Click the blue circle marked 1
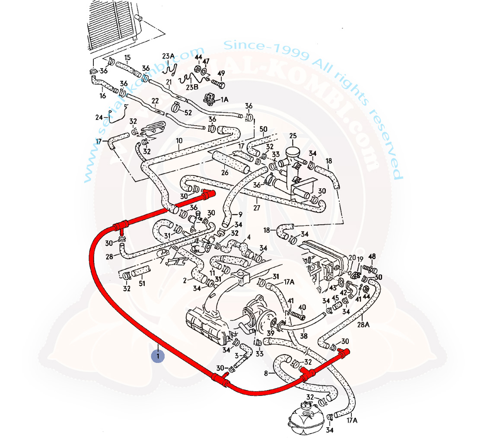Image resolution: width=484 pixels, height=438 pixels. pos(158,356)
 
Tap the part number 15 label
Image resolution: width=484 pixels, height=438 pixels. pos(127,57)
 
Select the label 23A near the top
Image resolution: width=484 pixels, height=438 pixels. pos(168,57)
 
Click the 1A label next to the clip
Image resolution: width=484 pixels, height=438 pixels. pos(225,99)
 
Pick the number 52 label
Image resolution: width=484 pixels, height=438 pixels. pos(188,113)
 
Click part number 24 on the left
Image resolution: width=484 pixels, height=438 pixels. pos(99,117)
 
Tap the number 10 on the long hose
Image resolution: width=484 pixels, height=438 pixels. pos(179,141)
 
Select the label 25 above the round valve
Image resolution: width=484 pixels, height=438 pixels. pos(293,136)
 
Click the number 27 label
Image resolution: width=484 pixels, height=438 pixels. pos(257,208)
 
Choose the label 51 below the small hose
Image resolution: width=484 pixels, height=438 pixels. pos(142,284)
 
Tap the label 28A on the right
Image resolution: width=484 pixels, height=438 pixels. pos(363,324)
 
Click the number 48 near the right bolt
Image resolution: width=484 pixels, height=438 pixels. pos(372,256)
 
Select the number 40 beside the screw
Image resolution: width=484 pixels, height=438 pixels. pos(302,308)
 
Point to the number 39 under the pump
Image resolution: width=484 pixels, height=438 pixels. pos(270,333)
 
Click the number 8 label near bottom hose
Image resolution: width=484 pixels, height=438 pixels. pos(266,373)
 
